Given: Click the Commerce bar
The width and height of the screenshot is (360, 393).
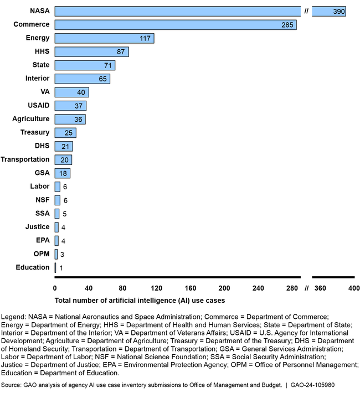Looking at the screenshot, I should (176, 25).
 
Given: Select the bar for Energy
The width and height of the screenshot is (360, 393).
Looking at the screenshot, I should (104, 38).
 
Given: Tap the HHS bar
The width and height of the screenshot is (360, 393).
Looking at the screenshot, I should (91, 51).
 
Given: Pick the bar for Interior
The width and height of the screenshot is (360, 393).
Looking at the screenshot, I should (82, 79).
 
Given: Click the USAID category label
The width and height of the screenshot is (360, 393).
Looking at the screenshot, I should (38, 106).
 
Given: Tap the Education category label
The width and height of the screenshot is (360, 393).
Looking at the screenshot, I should (33, 267).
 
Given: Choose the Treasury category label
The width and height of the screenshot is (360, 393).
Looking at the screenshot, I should (35, 132).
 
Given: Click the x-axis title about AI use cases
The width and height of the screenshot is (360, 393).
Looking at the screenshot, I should (140, 301).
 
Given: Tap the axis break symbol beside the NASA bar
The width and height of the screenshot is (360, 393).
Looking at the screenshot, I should (306, 11).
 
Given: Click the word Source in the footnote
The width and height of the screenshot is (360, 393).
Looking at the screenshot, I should (12, 384).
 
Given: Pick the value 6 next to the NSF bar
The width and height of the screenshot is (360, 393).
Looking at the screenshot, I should (65, 200).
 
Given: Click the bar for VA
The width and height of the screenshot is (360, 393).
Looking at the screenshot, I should (71, 92).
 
